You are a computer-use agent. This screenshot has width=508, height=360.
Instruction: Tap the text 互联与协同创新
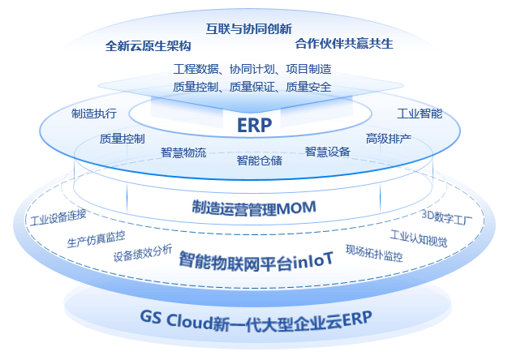click(249, 28)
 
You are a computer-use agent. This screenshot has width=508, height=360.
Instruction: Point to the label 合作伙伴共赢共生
click(344, 43)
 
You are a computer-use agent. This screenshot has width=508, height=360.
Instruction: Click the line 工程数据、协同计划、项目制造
click(252, 69)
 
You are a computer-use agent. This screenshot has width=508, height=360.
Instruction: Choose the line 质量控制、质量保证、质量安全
click(252, 87)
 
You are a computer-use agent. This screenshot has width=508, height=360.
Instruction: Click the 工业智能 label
click(419, 114)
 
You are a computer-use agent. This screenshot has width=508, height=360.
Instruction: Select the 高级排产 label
click(388, 139)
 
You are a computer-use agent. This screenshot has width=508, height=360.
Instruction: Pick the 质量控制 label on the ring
click(122, 139)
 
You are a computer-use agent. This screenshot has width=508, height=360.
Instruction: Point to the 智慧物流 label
click(183, 152)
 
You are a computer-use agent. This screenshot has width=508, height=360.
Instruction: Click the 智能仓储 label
click(259, 160)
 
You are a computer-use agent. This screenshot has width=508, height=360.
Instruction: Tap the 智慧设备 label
click(327, 151)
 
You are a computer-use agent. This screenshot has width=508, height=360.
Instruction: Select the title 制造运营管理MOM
click(253, 207)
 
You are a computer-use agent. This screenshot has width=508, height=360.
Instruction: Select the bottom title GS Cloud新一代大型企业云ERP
click(254, 317)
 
